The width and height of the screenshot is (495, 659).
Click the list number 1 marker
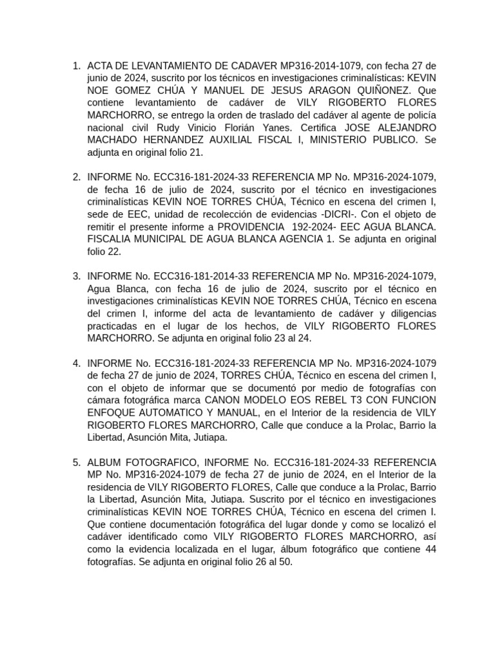tap(76, 66)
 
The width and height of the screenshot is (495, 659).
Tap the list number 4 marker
tap(76, 364)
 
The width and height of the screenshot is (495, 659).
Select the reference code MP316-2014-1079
tap(322, 66)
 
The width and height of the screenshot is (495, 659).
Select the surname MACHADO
tap(115, 140)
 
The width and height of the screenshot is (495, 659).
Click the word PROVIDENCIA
tap(250, 227)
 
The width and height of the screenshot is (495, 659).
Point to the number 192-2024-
tap(314, 227)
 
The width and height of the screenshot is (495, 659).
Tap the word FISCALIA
tap(110, 239)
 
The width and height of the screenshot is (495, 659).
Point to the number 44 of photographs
tap(430, 549)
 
